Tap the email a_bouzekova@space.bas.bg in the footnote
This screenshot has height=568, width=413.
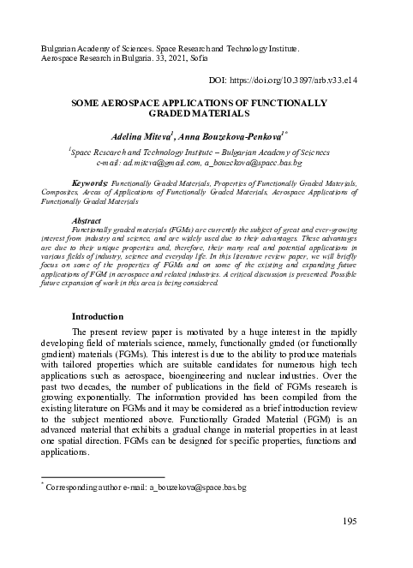[x=198, y=487]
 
